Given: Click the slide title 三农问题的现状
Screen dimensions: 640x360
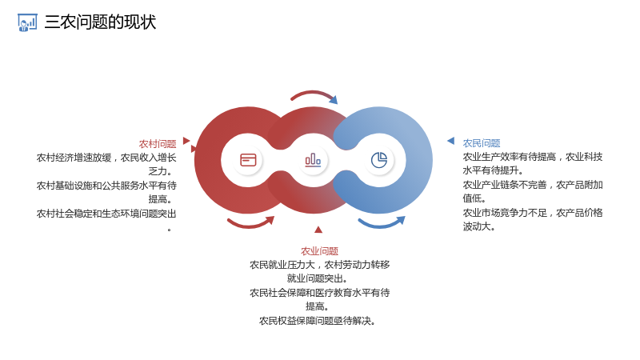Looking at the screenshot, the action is [100, 22].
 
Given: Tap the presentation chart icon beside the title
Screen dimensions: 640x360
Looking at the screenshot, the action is [27, 22].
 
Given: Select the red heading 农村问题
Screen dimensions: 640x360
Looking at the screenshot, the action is [158, 144].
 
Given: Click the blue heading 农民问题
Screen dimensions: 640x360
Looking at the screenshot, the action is [482, 143].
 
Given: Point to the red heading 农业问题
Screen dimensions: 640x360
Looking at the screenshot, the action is [319, 251].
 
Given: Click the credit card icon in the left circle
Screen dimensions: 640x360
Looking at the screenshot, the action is [248, 160].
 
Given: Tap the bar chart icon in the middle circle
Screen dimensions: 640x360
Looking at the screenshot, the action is [313, 160].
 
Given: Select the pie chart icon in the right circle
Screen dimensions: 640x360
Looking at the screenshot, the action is [379, 160].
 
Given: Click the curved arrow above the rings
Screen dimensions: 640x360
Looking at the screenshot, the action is [313, 92].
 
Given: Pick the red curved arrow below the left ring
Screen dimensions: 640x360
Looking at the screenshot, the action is [250, 226].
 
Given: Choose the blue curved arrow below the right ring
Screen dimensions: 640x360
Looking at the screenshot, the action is [381, 226].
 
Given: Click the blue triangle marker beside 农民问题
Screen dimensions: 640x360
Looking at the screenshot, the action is [451, 141].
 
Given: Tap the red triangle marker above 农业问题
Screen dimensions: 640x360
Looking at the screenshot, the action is [318, 230].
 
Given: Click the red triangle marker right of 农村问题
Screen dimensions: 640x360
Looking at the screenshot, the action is [186, 141].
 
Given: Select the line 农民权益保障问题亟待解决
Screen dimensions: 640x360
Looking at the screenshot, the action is [317, 321].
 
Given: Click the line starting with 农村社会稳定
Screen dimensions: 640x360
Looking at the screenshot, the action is [106, 214].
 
